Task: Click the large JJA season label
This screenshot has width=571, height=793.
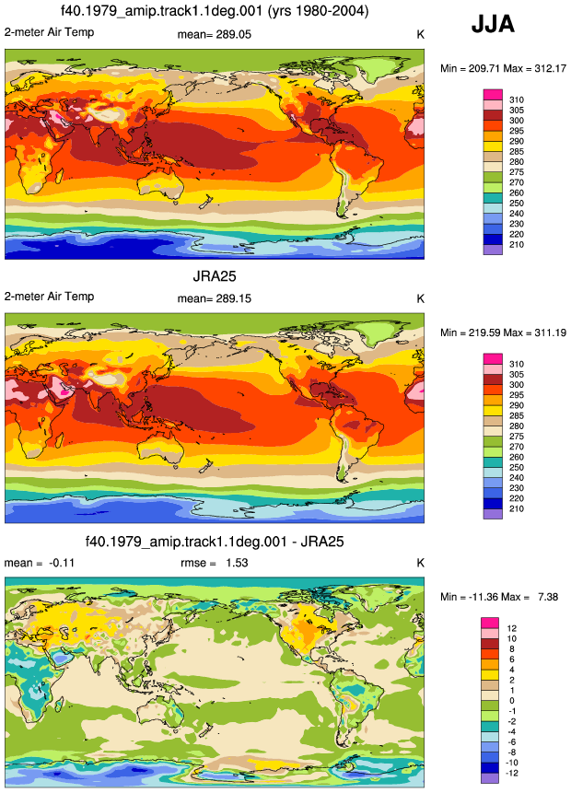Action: point(493,24)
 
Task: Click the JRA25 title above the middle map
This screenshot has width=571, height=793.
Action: point(215,276)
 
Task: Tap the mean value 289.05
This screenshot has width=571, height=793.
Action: point(234,34)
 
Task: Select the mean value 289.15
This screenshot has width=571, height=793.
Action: point(234,298)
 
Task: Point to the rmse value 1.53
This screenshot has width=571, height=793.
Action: point(237,563)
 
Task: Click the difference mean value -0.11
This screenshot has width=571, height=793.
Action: point(61,563)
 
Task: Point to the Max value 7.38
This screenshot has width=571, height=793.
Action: point(548,597)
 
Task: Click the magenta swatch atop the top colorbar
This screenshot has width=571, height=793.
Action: point(493,95)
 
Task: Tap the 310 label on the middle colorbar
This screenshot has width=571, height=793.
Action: point(517,364)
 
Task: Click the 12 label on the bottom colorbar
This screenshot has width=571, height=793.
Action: point(512,628)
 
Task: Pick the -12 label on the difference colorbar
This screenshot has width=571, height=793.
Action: point(512,773)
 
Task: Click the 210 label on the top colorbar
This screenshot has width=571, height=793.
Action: point(517,244)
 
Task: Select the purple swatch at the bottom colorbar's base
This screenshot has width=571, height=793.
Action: point(490,778)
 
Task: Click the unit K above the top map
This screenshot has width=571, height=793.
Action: point(420,34)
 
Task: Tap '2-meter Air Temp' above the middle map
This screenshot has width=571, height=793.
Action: point(49,297)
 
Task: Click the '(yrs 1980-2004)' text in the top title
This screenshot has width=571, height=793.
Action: point(317,11)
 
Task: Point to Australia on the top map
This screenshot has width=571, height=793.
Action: point(161,183)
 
